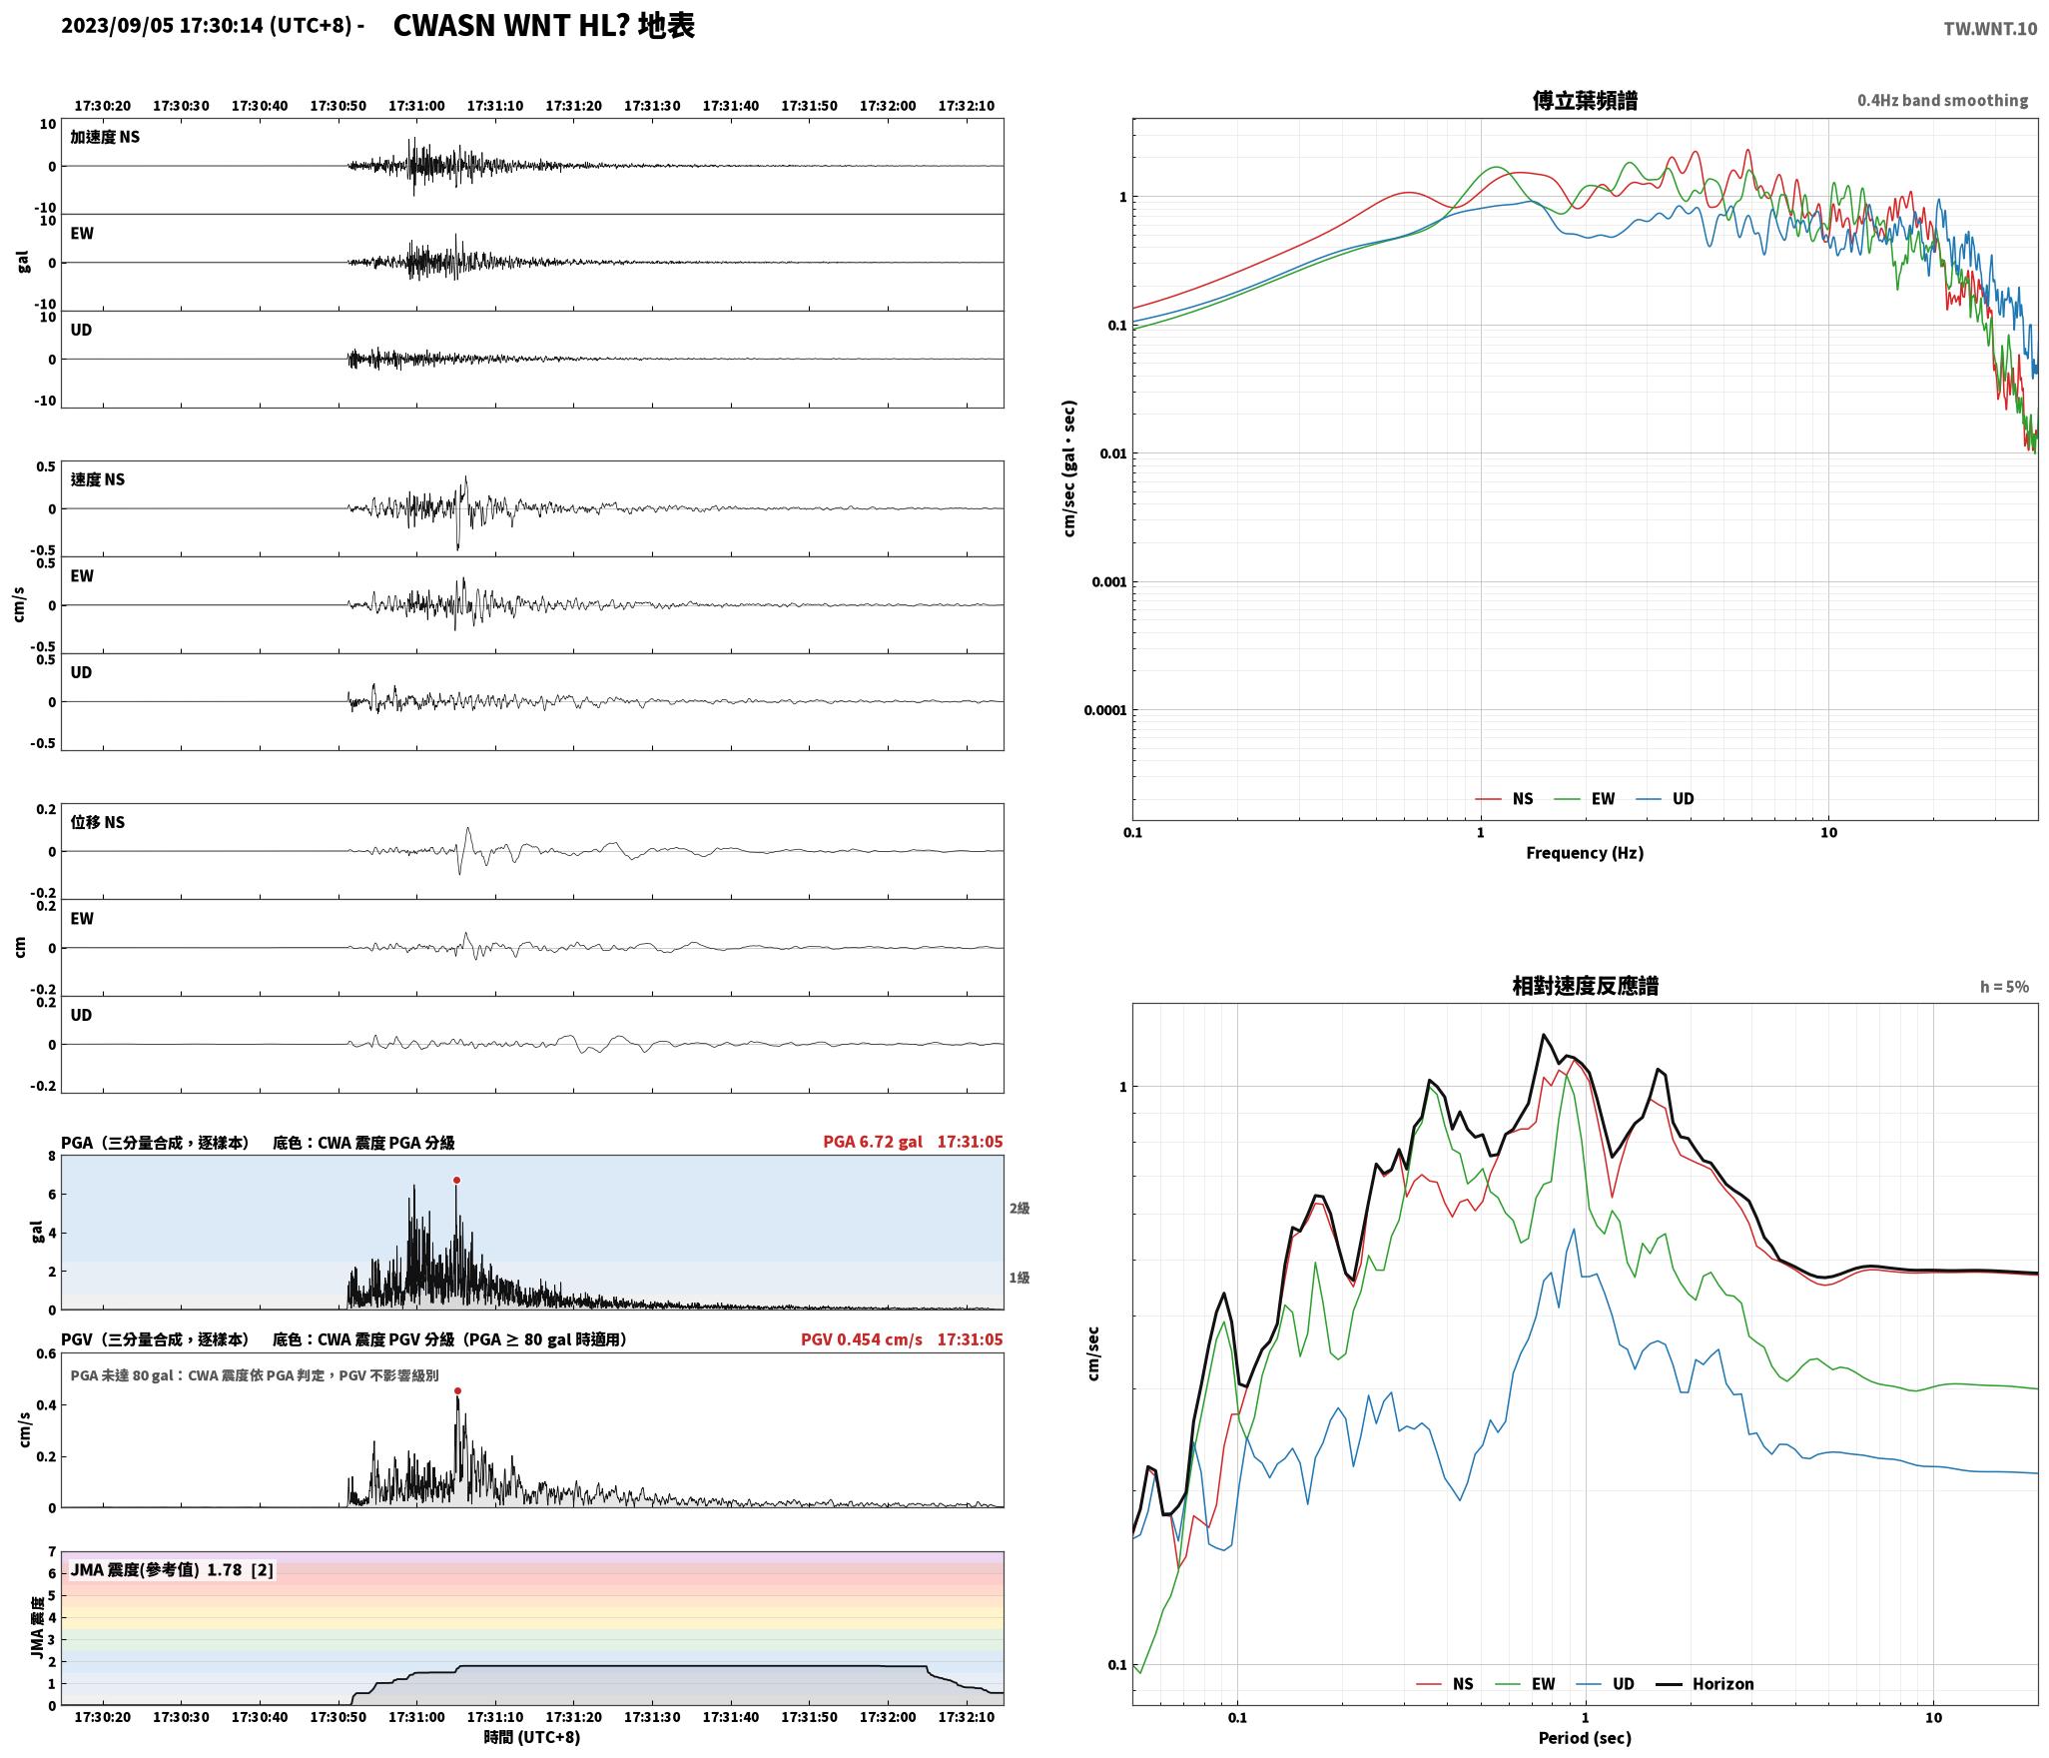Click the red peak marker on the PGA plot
456,1180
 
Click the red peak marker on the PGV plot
457,1390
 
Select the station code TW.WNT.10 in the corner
1990,29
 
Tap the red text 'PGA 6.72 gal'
873,1142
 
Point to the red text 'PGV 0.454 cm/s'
862,1339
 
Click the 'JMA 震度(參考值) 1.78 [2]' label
172,1569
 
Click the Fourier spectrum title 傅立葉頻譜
1585,100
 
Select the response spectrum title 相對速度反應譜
1585,986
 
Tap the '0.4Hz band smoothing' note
1942,101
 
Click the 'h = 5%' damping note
2004,987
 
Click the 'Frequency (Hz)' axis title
1585,852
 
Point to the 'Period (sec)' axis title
1585,1738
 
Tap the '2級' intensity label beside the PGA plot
1019,1208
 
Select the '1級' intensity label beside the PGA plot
1019,1278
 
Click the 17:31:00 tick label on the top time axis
416,106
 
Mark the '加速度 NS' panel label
105,137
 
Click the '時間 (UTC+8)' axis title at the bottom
532,1737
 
